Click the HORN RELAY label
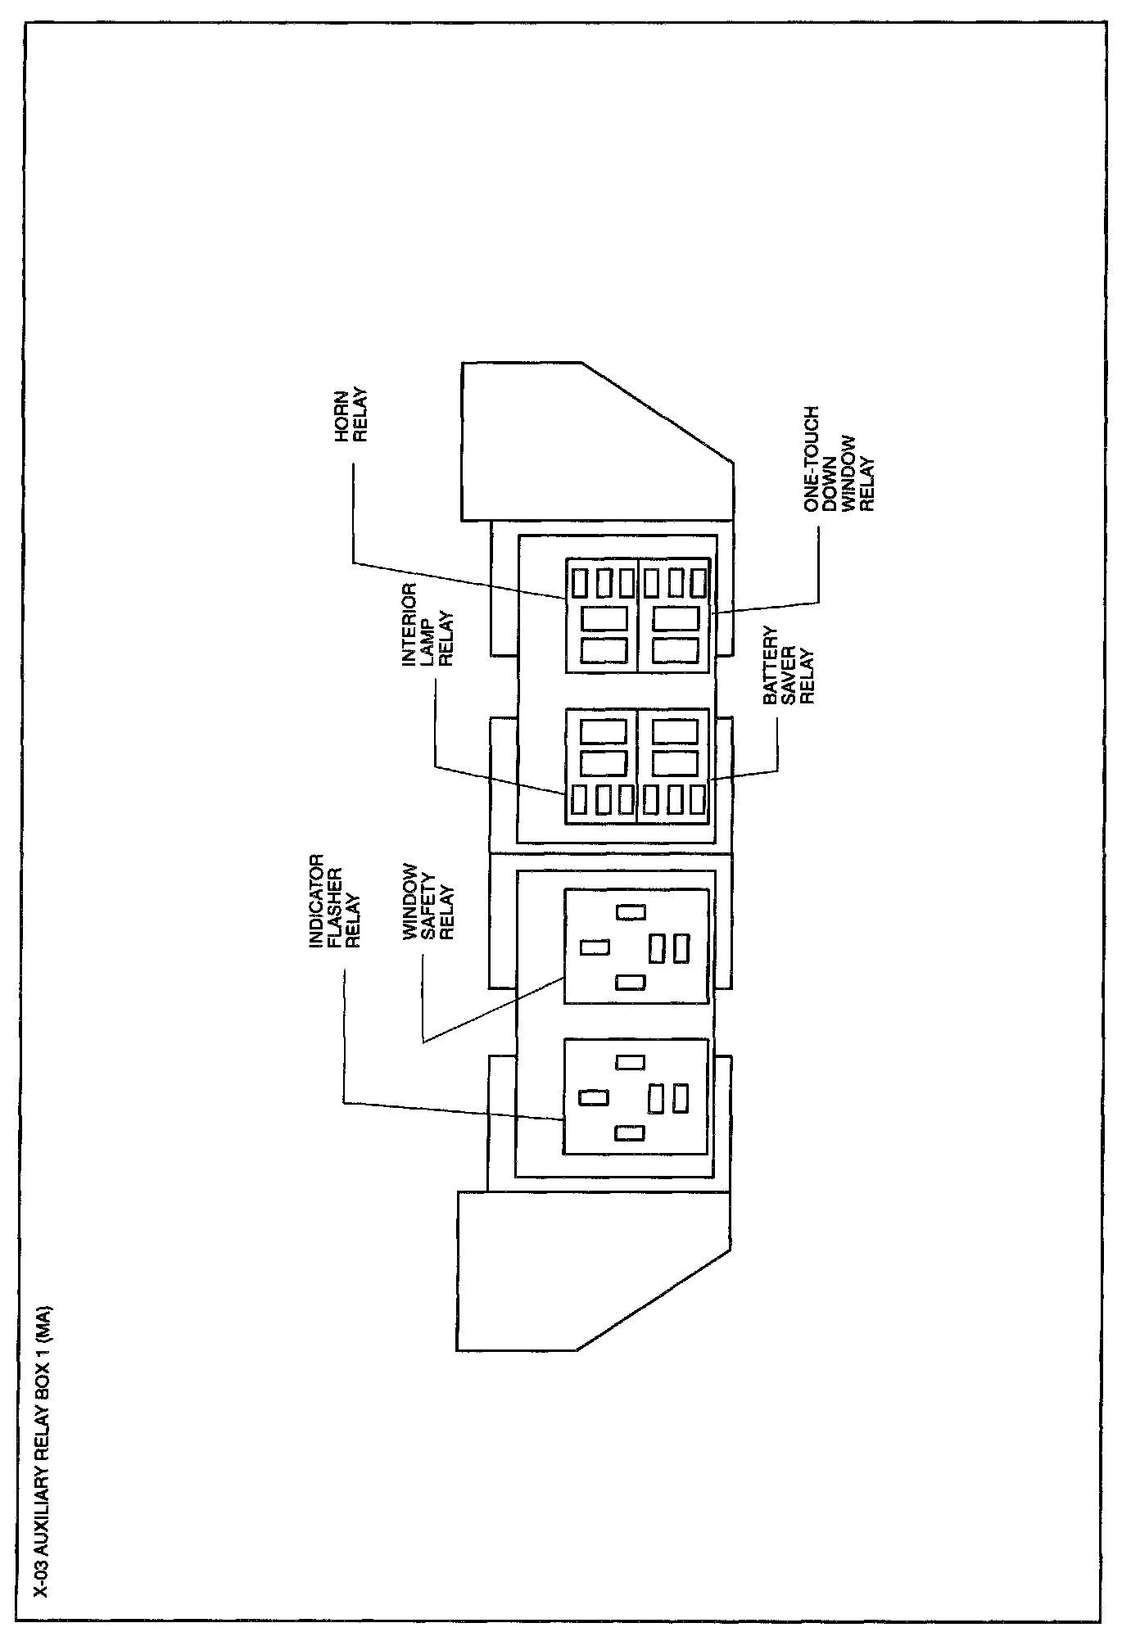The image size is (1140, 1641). tap(352, 420)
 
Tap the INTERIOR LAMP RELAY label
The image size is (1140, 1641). tap(427, 625)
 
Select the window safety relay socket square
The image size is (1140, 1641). tap(636, 946)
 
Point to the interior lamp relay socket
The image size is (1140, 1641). tap(602, 766)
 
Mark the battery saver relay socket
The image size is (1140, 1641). tap(674, 766)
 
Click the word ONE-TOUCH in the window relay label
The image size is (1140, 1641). tap(812, 459)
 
